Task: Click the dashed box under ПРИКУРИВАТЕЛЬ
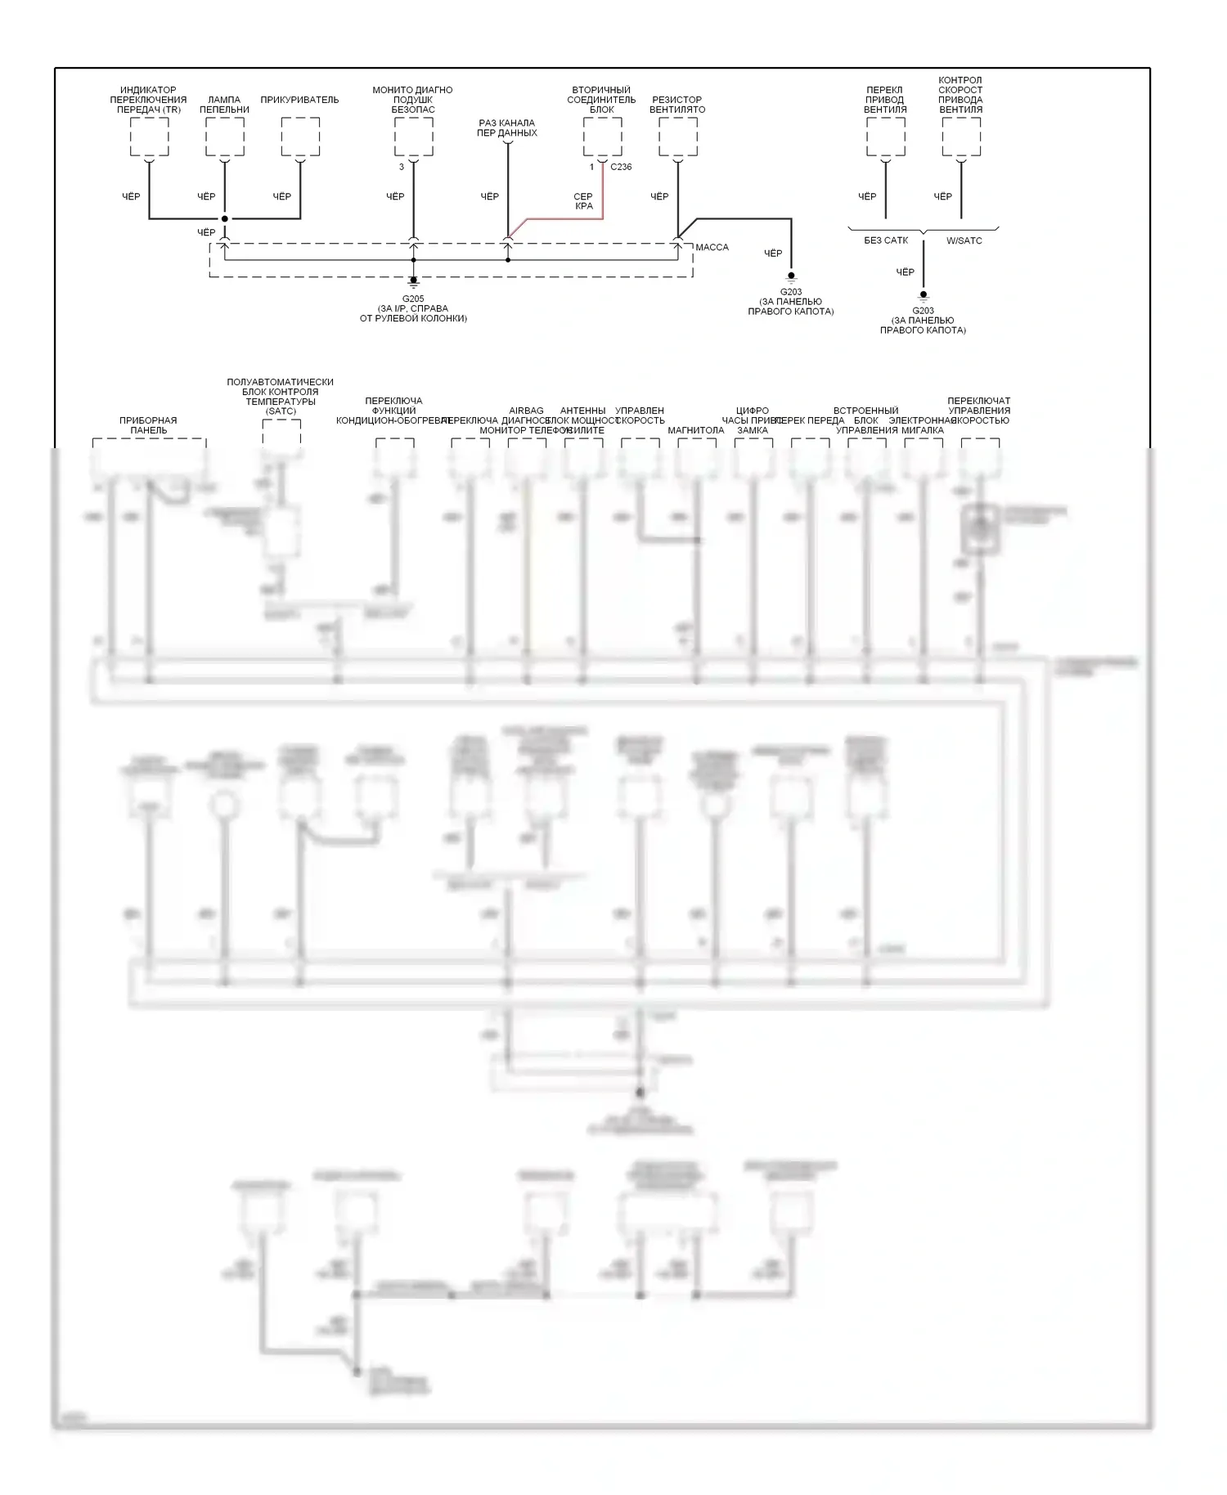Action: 300,137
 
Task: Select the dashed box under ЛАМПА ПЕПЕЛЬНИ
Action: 225,137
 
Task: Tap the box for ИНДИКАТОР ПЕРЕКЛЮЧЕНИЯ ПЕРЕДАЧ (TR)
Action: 150,137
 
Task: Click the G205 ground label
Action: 413,299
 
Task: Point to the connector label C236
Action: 621,167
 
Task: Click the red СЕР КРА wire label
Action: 583,201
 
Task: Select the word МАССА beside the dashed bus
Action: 712,247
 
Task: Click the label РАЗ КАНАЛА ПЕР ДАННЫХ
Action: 507,128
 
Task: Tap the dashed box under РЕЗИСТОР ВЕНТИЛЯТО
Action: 678,137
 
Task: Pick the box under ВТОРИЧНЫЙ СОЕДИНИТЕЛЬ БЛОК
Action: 603,137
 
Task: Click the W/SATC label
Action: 964,240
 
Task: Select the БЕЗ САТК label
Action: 886,240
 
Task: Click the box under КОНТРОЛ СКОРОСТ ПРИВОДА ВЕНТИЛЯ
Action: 961,137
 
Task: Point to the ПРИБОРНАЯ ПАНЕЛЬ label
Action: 148,425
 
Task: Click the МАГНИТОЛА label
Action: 695,430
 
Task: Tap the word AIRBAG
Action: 526,411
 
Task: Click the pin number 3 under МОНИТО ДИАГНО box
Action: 402,167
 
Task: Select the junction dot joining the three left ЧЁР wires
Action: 225,218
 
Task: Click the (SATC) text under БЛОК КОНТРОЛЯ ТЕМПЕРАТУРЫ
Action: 281,411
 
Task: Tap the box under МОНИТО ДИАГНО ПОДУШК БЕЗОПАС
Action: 414,137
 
